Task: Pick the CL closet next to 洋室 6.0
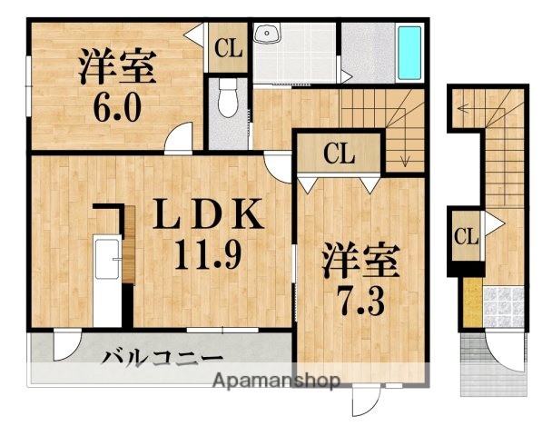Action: click(x=229, y=47)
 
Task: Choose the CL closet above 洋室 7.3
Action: click(x=340, y=154)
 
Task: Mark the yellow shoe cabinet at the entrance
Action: click(x=471, y=302)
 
